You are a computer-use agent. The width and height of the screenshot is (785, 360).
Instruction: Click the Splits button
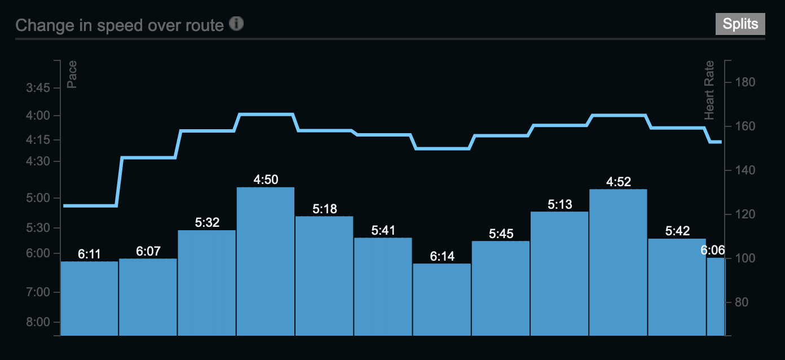[740, 25]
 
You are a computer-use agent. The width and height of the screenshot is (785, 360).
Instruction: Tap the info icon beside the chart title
[236, 24]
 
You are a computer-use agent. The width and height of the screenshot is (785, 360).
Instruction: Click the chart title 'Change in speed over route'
[120, 25]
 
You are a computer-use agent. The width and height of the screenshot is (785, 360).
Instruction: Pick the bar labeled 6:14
[442, 300]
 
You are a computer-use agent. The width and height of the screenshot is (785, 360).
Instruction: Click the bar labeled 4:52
[618, 262]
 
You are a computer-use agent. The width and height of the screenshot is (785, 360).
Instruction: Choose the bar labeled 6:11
[89, 298]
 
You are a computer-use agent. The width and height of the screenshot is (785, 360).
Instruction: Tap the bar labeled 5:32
[207, 283]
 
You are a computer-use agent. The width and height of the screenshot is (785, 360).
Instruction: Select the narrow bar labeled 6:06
[715, 297]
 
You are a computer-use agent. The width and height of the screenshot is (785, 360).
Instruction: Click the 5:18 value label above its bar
[324, 209]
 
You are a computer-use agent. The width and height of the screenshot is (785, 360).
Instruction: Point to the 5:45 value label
[501, 234]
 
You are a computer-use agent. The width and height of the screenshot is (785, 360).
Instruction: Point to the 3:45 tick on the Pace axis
[38, 87]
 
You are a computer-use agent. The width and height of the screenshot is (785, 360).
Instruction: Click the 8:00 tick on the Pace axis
[38, 322]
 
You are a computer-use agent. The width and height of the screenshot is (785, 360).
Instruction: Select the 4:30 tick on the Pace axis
[38, 161]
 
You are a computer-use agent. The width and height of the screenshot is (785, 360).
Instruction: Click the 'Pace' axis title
[72, 75]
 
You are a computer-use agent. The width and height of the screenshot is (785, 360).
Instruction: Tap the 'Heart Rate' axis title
[709, 90]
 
